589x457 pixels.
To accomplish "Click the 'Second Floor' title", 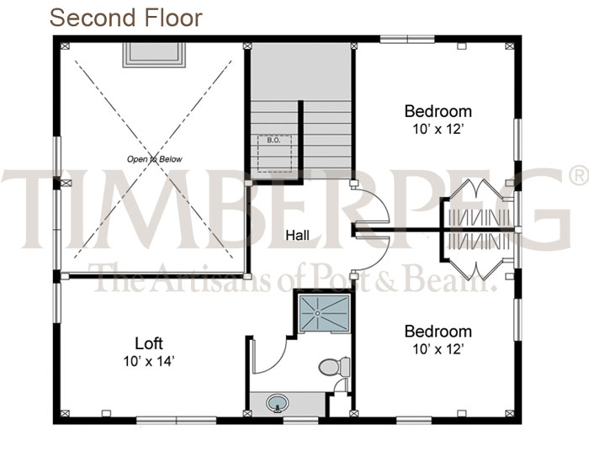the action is (126, 18).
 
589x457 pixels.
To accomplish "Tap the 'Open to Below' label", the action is (154, 159).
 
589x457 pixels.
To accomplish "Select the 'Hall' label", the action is (298, 236).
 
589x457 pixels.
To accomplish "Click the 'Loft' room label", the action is (149, 343).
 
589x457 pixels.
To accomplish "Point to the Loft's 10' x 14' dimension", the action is (149, 361).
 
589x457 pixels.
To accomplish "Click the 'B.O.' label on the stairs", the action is (273, 141).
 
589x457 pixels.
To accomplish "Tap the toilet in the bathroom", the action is (334, 366).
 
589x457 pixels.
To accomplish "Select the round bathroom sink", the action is (278, 403).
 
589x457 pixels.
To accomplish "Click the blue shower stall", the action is (325, 313).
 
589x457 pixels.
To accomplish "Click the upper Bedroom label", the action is (438, 111).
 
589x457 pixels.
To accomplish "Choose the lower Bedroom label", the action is (438, 332).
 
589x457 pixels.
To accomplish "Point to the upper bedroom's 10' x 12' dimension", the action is (438, 130).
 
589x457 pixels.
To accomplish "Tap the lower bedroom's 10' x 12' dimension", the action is (438, 349).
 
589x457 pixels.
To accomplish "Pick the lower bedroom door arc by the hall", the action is (379, 258).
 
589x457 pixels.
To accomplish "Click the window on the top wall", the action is (407, 39).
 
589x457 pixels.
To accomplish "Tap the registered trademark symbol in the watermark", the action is (579, 176).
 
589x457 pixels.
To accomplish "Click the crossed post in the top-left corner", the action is (65, 46).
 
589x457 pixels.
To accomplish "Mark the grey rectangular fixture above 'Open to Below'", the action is (154, 55).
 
